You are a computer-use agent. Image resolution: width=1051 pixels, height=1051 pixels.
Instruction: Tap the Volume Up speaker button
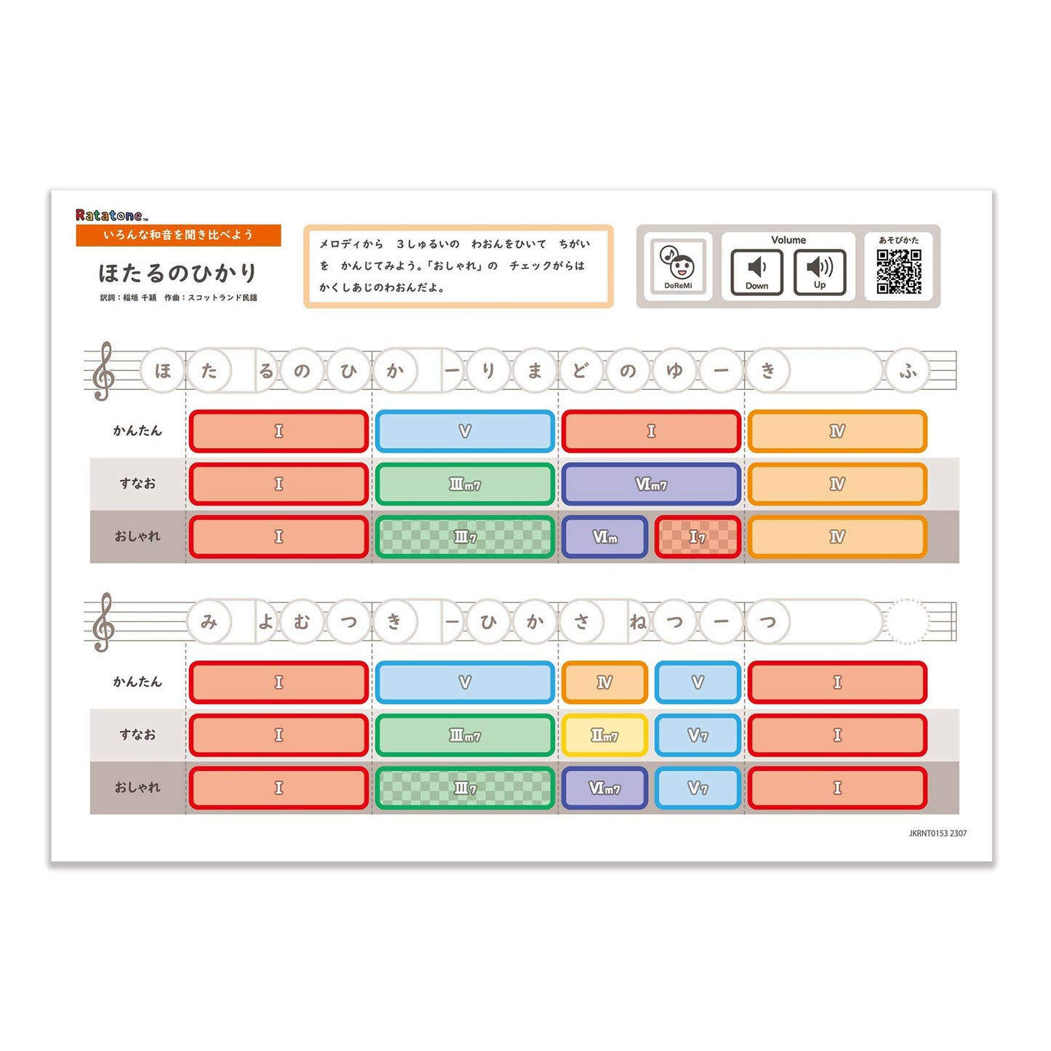pyautogui.click(x=819, y=271)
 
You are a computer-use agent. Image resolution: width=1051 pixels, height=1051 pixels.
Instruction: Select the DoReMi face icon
pyautogui.click(x=678, y=267)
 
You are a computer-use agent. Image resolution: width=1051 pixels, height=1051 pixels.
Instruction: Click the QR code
pyautogui.click(x=898, y=271)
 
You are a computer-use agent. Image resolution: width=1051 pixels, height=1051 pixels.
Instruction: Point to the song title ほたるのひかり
pyautogui.click(x=177, y=273)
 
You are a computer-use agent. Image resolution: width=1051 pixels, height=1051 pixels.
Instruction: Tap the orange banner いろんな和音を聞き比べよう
pyautogui.click(x=178, y=235)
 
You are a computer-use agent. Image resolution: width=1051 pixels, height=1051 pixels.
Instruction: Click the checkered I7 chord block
pyautogui.click(x=698, y=537)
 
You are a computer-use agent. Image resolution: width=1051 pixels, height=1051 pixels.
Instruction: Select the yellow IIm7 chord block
pyautogui.click(x=604, y=735)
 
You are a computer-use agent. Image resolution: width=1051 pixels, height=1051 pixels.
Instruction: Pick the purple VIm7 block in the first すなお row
pyautogui.click(x=651, y=484)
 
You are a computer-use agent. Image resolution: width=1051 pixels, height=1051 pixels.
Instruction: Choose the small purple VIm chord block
pyautogui.click(x=605, y=537)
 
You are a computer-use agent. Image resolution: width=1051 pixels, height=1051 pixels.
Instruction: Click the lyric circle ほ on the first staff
pyautogui.click(x=162, y=370)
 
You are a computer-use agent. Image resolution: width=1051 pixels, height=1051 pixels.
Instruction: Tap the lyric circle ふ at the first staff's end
pyautogui.click(x=908, y=370)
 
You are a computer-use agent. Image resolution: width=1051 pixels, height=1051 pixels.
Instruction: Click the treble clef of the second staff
pyautogui.click(x=103, y=622)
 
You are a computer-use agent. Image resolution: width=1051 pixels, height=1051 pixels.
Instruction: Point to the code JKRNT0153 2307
pyautogui.click(x=938, y=833)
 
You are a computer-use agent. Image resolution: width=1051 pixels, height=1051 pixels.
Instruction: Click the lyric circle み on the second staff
pyautogui.click(x=208, y=622)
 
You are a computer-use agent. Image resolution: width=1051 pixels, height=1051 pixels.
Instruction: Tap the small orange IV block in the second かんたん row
pyautogui.click(x=604, y=682)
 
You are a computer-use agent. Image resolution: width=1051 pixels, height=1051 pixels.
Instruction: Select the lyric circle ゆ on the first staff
pyautogui.click(x=675, y=370)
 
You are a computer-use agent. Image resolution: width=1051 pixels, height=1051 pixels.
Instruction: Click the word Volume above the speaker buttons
pyautogui.click(x=788, y=240)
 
